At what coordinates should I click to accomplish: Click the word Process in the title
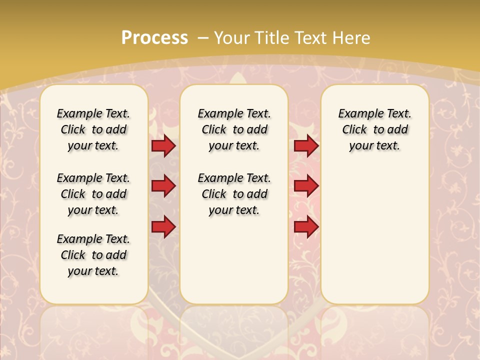pyautogui.click(x=154, y=37)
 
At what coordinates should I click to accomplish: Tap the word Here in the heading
pyautogui.click(x=351, y=37)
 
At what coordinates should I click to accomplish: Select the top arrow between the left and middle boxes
pyautogui.click(x=163, y=145)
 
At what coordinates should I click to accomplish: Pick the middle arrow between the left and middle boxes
pyautogui.click(x=163, y=186)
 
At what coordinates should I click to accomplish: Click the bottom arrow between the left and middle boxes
pyautogui.click(x=163, y=227)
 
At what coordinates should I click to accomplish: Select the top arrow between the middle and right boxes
pyautogui.click(x=306, y=145)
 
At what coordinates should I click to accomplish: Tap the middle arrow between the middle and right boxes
pyautogui.click(x=306, y=186)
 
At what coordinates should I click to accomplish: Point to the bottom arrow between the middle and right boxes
pyautogui.click(x=306, y=227)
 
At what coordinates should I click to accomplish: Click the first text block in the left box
pyautogui.click(x=93, y=129)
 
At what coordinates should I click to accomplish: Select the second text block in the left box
pyautogui.click(x=93, y=194)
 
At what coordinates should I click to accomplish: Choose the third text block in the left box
pyautogui.click(x=93, y=255)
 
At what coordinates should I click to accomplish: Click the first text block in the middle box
pyautogui.click(x=234, y=129)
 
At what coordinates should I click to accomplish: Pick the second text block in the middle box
pyautogui.click(x=234, y=194)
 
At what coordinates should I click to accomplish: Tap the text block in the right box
pyautogui.click(x=374, y=129)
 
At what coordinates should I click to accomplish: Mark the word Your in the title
pyautogui.click(x=232, y=37)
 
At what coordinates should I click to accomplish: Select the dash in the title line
pyautogui.click(x=203, y=37)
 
